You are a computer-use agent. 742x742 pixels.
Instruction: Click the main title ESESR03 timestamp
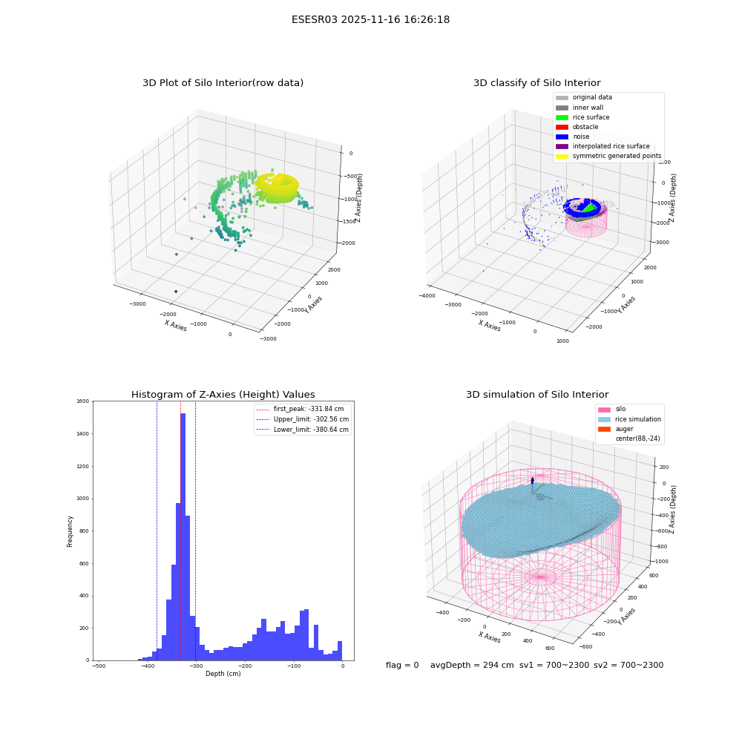coord(370,19)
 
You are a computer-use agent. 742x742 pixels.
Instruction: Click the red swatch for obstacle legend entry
coord(562,127)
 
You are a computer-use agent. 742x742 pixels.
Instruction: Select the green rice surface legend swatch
coord(562,117)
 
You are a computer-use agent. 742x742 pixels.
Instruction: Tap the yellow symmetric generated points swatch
coord(562,156)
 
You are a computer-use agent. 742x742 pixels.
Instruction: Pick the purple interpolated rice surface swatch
coord(562,146)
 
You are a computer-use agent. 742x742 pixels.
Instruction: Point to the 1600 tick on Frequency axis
coord(83,401)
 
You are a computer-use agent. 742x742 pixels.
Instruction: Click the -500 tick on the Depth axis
coord(99,666)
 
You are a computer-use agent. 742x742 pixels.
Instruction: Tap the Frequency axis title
coord(70,531)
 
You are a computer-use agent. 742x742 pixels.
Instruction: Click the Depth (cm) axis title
coord(223,674)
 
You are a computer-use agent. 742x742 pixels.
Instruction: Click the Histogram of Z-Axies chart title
coord(223,394)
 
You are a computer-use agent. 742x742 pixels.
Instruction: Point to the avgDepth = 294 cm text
coord(472,665)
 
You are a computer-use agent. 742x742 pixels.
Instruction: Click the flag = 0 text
coord(402,665)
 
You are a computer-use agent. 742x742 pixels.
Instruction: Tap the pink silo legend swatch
coord(604,410)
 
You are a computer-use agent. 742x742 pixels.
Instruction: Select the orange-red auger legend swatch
coord(604,429)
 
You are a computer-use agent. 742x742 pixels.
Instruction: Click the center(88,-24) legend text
coord(637,439)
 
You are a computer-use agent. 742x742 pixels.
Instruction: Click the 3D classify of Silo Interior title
coord(537,83)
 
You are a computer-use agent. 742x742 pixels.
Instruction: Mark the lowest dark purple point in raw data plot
coord(176,292)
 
